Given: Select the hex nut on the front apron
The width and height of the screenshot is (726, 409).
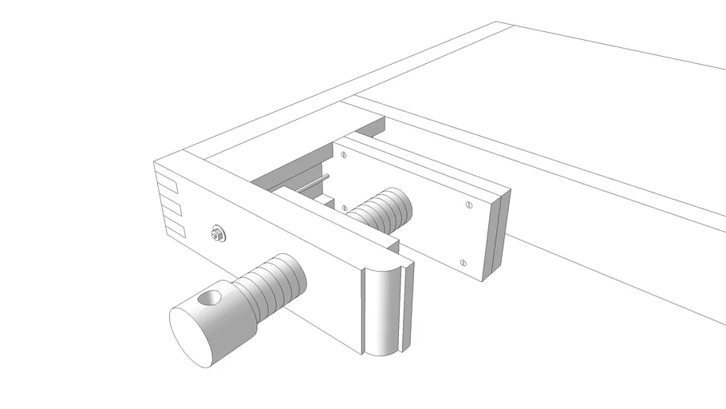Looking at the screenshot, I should click(217, 234).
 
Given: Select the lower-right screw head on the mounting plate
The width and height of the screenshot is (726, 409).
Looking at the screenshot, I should click(464, 262).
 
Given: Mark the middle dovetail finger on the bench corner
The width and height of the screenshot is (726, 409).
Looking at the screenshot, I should click(172, 209).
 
